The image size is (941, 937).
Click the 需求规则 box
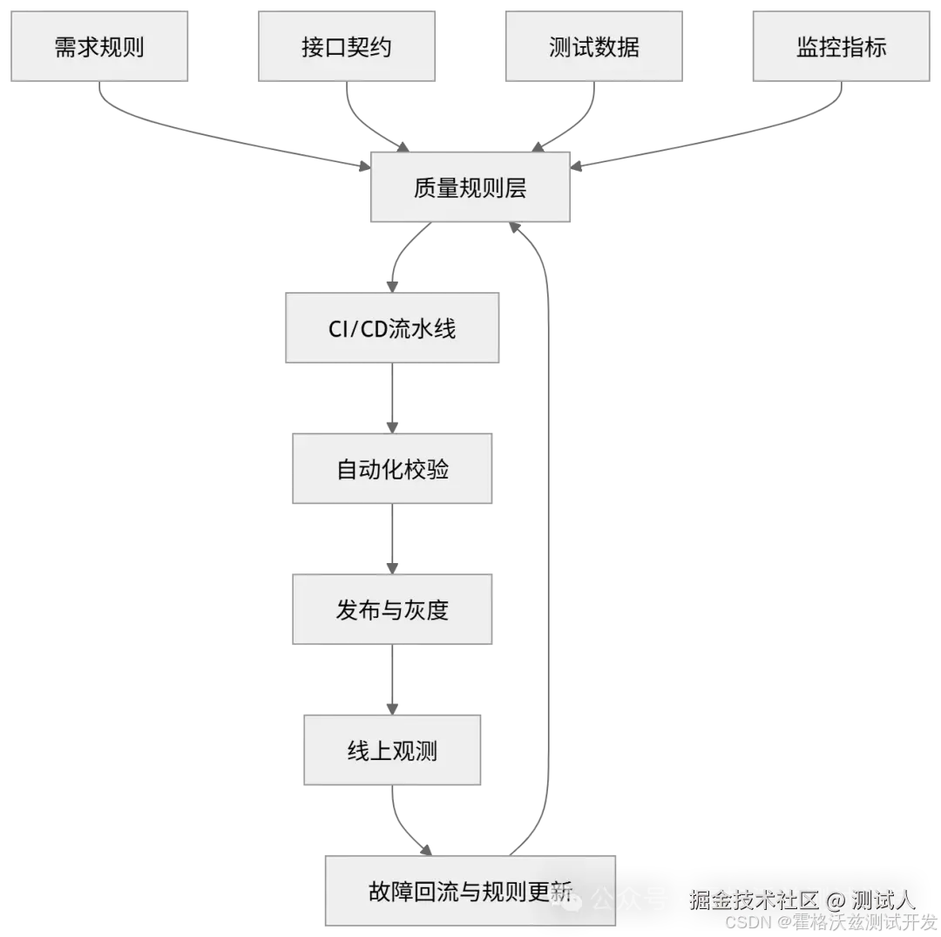pos(99,46)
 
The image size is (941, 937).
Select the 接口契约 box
pos(347,46)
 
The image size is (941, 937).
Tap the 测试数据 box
pos(593,46)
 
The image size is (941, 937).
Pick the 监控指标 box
pos(841,46)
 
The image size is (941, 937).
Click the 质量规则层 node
pos(470,187)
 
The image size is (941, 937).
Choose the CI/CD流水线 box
pos(390,329)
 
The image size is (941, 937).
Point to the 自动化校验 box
pos(391,470)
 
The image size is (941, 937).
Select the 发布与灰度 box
pos(391,609)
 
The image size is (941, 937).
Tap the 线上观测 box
pos(392,750)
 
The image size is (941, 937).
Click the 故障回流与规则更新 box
pos(470,891)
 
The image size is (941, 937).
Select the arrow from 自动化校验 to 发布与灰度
pos(394,539)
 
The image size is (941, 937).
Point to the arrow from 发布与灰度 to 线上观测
pos(394,679)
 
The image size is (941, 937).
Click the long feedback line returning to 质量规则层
pos(548,523)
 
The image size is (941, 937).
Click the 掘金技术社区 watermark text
pos(754,899)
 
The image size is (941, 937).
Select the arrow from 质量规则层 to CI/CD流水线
pos(403,253)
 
